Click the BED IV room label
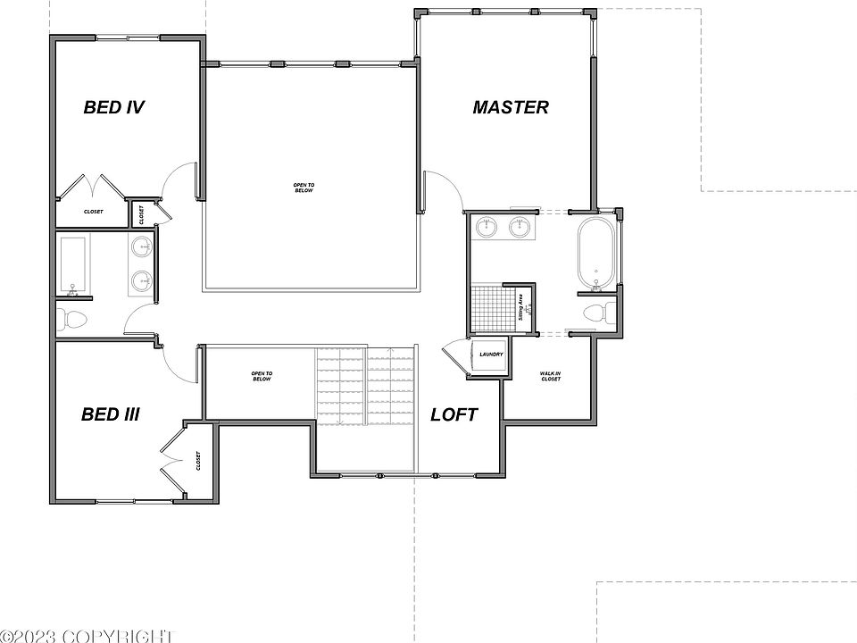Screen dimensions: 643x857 pos(114,108)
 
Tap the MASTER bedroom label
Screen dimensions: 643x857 pos(511,107)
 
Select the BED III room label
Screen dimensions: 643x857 pos(110,414)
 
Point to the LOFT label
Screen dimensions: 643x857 pos(453,414)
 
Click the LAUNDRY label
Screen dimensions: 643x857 pos(491,355)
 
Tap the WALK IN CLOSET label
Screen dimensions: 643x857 pos(551,376)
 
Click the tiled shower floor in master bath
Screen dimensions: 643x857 pos(489,306)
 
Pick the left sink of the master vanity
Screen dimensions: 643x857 pos(487,228)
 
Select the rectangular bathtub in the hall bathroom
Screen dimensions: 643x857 pos(71,265)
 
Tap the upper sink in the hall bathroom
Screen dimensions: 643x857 pos(141,247)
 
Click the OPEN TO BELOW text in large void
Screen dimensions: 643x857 pos(304,188)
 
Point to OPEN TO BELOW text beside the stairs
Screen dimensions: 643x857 pos(261,376)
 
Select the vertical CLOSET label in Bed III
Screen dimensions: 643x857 pos(197,461)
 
